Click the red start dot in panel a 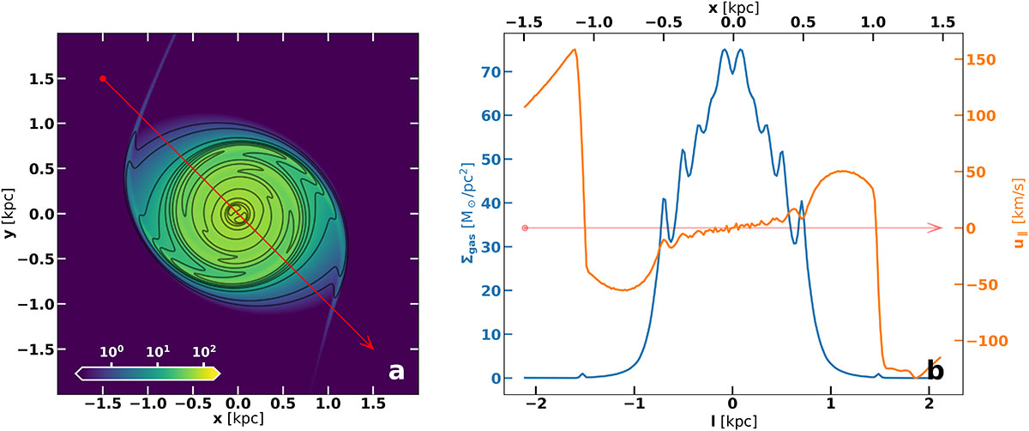[x=103, y=78]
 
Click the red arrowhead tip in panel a [x=374, y=349]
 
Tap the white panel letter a [x=395, y=370]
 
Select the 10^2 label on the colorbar [x=203, y=352]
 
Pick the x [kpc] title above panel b [x=731, y=8]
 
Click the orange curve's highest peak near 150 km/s [x=574, y=50]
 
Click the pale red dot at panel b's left [x=525, y=228]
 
